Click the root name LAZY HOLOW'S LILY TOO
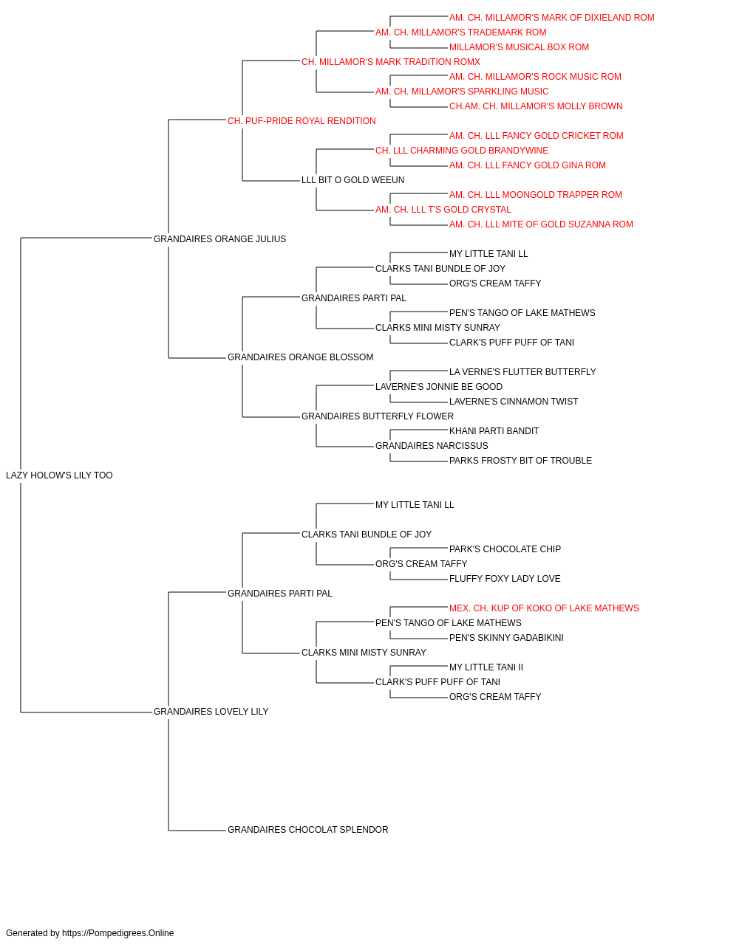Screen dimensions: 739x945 [x=59, y=475]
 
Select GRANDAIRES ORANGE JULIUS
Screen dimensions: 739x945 [x=219, y=239]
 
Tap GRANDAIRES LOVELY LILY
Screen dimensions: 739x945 [x=211, y=712]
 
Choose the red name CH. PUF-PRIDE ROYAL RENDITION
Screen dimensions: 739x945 [x=302, y=121]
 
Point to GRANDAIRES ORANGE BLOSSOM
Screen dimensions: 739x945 [x=300, y=357]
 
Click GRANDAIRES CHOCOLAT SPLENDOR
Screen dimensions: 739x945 [x=307, y=830]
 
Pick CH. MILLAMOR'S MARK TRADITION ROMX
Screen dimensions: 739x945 [x=391, y=62]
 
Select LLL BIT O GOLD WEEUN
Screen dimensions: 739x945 [x=353, y=180]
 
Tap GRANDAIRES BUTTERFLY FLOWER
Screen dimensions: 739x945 [x=378, y=416]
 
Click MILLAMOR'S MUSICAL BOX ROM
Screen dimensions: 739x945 [x=519, y=47]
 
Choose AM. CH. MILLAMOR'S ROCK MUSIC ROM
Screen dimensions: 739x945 [x=535, y=77]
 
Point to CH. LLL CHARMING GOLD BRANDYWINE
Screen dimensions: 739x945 [x=462, y=151]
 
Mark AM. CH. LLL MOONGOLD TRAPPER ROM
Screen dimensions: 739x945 [x=535, y=195]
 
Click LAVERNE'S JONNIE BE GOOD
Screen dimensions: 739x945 [x=439, y=387]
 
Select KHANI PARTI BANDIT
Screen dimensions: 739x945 [x=494, y=431]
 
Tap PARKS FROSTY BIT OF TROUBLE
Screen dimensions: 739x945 [x=520, y=461]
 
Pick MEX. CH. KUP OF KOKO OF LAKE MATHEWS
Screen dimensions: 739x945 [x=544, y=608]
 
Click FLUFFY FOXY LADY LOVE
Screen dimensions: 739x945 [x=505, y=578]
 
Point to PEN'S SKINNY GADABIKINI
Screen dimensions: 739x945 [x=506, y=638]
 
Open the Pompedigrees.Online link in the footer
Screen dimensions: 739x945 [x=118, y=933]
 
